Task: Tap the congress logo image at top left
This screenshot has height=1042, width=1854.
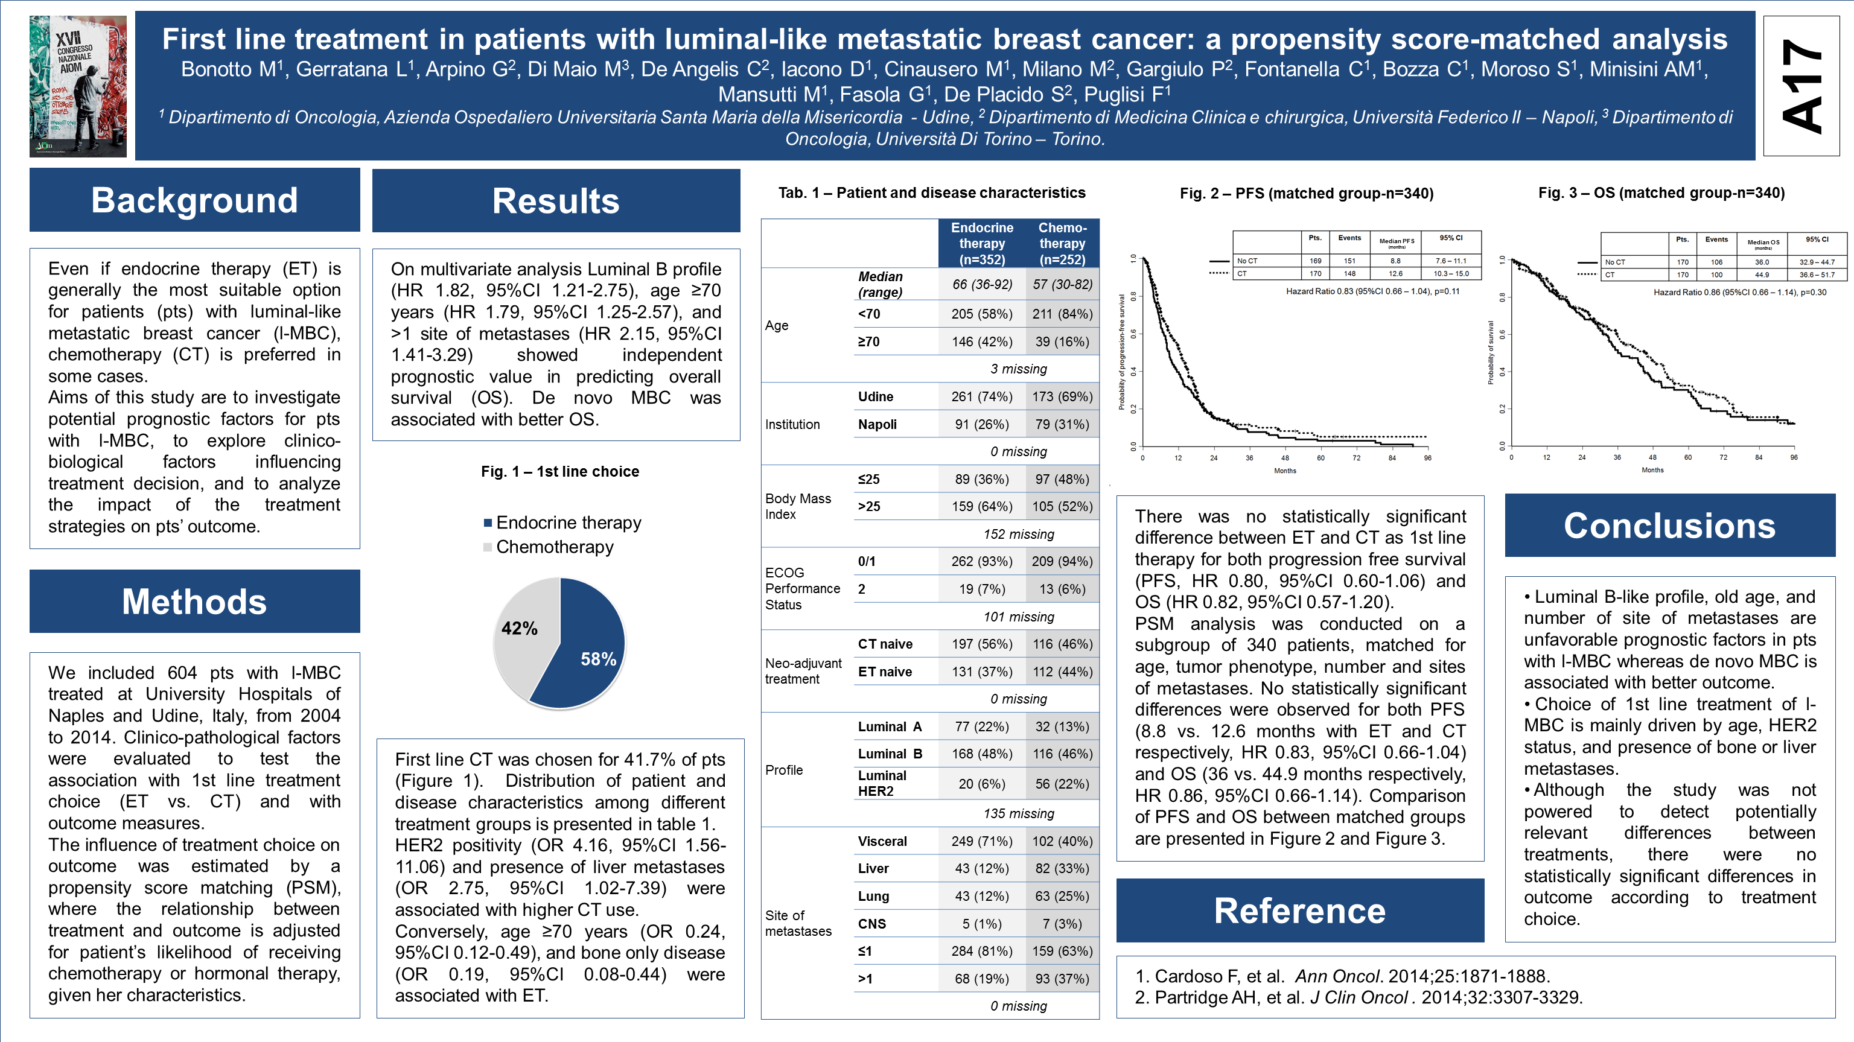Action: tap(78, 86)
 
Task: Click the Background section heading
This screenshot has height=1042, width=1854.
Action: tap(194, 200)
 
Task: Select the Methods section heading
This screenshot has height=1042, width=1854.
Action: tap(194, 602)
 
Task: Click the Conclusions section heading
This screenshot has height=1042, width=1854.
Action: tap(1670, 526)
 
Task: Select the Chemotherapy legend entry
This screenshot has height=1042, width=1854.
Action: tap(554, 547)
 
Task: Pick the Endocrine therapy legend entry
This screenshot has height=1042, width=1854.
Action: tap(568, 523)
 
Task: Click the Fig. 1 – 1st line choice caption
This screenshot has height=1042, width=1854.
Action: tap(560, 471)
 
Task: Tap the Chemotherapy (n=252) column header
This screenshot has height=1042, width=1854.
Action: tap(1062, 243)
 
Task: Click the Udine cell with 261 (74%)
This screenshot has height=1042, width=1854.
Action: tap(982, 396)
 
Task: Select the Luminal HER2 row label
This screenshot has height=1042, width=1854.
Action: tap(882, 783)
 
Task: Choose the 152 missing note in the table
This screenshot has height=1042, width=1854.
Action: tap(1018, 534)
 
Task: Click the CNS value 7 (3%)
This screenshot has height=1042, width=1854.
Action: tap(1062, 923)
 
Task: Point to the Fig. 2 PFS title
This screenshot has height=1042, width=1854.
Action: tap(1306, 193)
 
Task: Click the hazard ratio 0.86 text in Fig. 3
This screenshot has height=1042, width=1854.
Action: tap(1739, 292)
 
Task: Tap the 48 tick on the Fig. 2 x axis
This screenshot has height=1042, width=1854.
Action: tap(1285, 458)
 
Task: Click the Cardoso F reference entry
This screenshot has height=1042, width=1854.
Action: tap(1342, 976)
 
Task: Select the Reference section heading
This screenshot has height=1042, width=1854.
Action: tap(1300, 910)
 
